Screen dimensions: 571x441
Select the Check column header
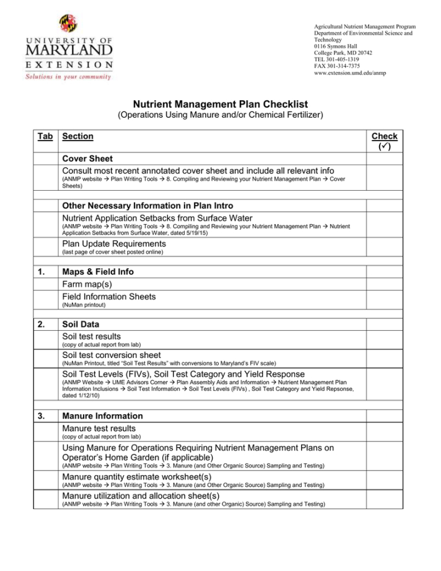tap(384, 141)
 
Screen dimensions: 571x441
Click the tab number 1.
tap(40, 272)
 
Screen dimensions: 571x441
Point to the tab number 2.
tap(40, 324)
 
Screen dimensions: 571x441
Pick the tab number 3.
tap(40, 416)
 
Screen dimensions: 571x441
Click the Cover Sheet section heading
tap(87, 159)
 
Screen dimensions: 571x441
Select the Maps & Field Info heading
tap(97, 272)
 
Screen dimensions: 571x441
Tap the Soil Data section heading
tap(81, 324)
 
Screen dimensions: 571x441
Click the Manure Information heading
tap(102, 416)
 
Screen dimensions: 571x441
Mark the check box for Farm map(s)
tap(384, 284)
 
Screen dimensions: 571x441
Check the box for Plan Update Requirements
tap(384, 246)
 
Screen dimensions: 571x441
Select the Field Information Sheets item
tap(109, 297)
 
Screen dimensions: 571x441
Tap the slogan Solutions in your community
tap(68, 77)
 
